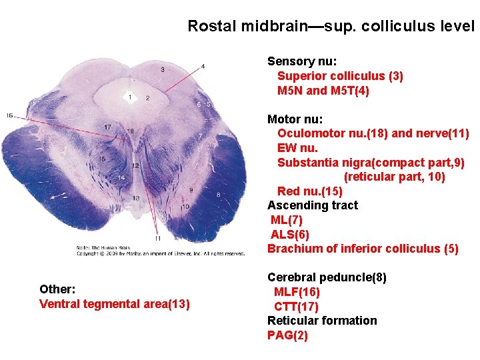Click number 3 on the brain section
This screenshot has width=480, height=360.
[x=163, y=69]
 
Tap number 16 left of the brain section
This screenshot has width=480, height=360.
[x=9, y=115]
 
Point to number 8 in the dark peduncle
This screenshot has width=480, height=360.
[x=218, y=194]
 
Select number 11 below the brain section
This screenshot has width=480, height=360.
[x=157, y=238]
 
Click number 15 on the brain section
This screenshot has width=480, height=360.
[x=102, y=159]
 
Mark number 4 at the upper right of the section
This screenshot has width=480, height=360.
[x=203, y=65]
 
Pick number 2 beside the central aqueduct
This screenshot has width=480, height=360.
[x=147, y=98]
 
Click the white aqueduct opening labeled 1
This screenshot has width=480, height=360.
[x=131, y=97]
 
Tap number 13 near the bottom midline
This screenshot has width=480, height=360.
[x=136, y=198]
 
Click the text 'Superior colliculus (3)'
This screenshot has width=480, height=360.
[x=340, y=76]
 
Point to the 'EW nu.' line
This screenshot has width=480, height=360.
[x=297, y=148]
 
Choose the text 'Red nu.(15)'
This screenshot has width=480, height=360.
[x=310, y=191]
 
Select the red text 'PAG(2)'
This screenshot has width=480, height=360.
[x=287, y=335]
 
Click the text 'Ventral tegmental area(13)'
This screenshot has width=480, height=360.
[x=115, y=304]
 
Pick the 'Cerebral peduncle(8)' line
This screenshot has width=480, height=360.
[x=327, y=277]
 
